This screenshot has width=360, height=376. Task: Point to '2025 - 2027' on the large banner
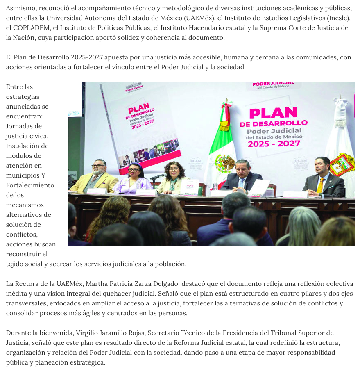[274, 144]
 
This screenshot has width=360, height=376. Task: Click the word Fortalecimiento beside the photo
[30, 185]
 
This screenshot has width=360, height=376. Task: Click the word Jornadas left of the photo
[24, 126]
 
